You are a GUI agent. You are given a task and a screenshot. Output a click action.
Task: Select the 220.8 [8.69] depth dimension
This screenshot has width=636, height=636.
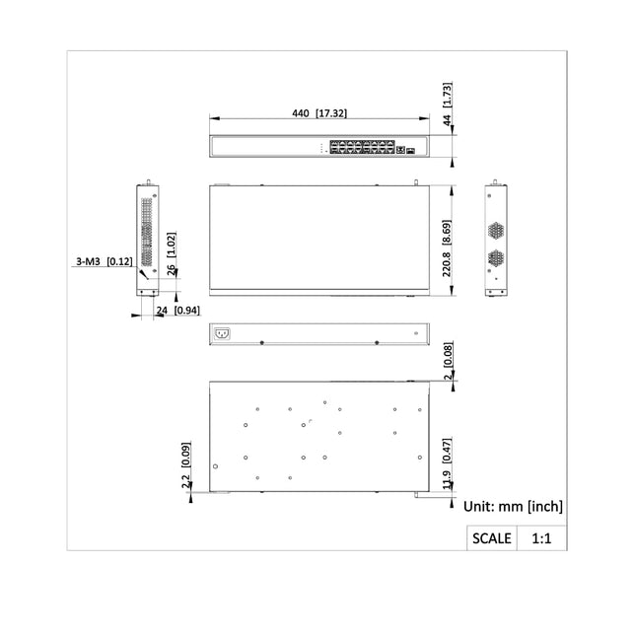(x=448, y=239)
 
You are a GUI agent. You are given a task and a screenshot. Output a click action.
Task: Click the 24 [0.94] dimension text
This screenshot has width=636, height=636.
(x=178, y=311)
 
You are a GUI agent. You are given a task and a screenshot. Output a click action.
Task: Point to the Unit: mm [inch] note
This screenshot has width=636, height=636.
(x=513, y=506)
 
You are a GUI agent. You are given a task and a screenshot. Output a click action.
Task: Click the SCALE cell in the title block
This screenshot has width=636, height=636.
(x=492, y=538)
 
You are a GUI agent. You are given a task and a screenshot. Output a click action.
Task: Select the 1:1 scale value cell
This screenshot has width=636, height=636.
(x=541, y=538)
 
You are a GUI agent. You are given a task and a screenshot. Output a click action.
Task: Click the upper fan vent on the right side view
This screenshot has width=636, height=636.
(x=496, y=230)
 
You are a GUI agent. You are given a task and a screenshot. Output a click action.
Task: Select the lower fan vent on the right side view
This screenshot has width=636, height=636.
(x=496, y=260)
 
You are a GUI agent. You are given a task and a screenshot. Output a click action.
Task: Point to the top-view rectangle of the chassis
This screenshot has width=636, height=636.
(x=318, y=239)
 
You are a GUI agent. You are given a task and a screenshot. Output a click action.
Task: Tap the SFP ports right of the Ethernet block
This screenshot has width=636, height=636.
(x=407, y=149)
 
